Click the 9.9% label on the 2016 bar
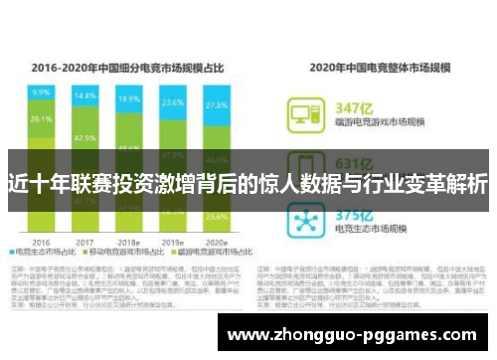(41, 91)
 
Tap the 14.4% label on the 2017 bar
(84, 96)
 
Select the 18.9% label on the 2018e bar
(128, 100)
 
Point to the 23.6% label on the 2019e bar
(173, 102)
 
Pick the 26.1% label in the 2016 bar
(41, 119)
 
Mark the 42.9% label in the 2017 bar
(84, 137)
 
